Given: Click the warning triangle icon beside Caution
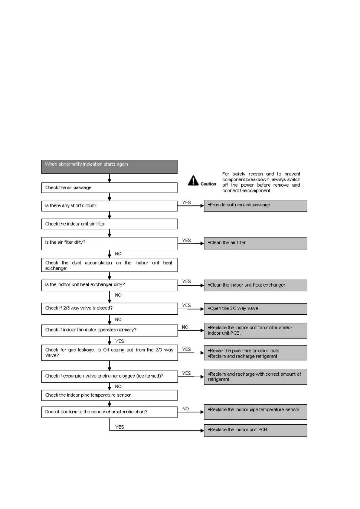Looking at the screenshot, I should pyautogui.click(x=193, y=180).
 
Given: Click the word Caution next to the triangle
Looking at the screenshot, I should pyautogui.click(x=208, y=184).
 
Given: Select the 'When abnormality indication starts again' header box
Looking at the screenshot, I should pyautogui.click(x=109, y=167).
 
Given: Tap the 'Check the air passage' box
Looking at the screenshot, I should pyautogui.click(x=109, y=188).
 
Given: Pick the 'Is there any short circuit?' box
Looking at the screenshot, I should pyautogui.click(x=109, y=206).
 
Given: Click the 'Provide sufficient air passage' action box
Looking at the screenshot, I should pyautogui.click(x=255, y=206).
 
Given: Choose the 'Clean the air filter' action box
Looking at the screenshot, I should pyautogui.click(x=255, y=243).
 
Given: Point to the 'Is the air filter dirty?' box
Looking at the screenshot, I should pyautogui.click(x=109, y=243).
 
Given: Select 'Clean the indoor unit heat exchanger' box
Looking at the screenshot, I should pyautogui.click(x=255, y=285).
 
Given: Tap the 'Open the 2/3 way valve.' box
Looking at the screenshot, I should pyautogui.click(x=255, y=309).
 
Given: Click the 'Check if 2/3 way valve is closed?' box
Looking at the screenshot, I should pyautogui.click(x=109, y=308).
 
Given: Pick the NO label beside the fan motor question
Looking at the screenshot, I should pyautogui.click(x=185, y=327).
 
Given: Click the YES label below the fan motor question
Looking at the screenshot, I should pyautogui.click(x=120, y=341).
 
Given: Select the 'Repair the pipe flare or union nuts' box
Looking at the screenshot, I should pyautogui.click(x=255, y=353).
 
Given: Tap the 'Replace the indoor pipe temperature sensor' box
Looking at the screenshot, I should pyautogui.click(x=255, y=412).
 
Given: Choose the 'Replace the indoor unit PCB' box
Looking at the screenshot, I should pyautogui.click(x=255, y=430).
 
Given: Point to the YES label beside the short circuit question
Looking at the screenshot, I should pyautogui.click(x=186, y=203).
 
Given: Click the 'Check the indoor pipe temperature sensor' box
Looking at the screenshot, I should pyautogui.click(x=109, y=395).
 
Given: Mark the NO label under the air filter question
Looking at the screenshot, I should pyautogui.click(x=118, y=254).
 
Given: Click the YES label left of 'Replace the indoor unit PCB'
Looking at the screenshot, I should pyautogui.click(x=120, y=427).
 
